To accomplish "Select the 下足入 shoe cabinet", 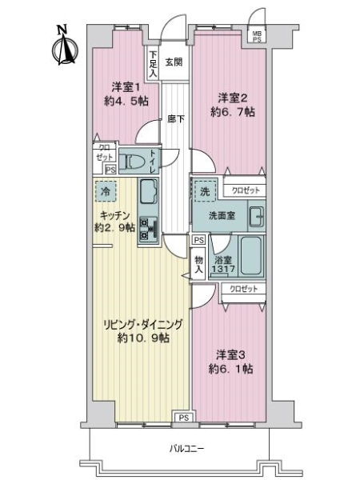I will (152, 61).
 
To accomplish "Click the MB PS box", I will (257, 35).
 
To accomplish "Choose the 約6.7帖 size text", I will (233, 113).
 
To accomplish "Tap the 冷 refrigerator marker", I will (105, 192).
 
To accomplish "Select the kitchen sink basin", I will (149, 192).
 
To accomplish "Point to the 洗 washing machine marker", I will (204, 192).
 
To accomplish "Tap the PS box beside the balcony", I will (183, 417).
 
